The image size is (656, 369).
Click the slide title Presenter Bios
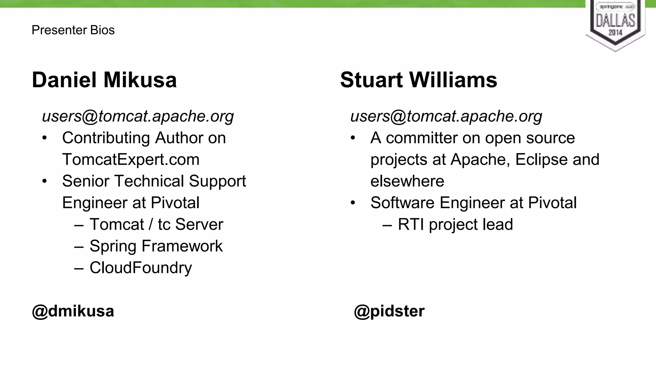73,30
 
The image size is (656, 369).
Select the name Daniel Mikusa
104,80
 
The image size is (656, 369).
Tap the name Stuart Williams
418,80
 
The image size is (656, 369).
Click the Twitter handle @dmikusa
73,311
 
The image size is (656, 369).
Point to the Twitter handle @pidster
389,311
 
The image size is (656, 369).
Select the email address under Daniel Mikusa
138,116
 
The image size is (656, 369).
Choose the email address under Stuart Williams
446,116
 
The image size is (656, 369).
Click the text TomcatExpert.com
131,160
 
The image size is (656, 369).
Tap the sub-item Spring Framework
156,246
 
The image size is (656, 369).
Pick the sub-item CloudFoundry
141,268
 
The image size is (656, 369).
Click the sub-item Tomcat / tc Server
156,224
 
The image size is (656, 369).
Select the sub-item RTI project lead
455,224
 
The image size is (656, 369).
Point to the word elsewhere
407,181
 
